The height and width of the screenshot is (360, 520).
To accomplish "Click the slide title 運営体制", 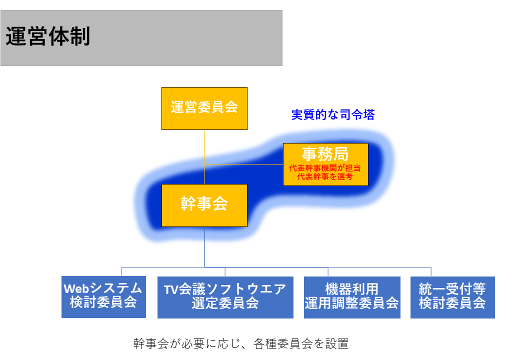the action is pos(48,36).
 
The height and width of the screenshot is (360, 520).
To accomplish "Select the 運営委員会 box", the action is pos(204,108).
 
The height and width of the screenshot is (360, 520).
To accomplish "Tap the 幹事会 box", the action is pos(204,205).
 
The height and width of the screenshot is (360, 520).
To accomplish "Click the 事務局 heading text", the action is pos(325,154).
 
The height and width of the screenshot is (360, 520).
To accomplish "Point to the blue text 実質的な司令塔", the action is pos(333,114).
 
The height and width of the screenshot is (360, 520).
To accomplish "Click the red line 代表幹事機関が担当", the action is pos(325,168).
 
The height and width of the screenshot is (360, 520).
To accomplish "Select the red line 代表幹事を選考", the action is pos(325,176).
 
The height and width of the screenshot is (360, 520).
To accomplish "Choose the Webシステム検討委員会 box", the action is pos(103,297).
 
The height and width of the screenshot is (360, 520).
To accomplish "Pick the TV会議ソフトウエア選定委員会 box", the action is pos(225,297).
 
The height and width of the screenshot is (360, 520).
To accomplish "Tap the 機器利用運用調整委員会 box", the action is pos(352,297).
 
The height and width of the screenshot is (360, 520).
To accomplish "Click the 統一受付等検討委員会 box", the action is pos(452,297).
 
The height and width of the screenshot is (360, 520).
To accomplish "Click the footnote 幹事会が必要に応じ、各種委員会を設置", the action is pos(241,344).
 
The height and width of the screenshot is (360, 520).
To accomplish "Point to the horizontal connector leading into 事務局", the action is pos(244,164).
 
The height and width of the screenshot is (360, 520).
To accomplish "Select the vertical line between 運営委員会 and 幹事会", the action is pos(204,157).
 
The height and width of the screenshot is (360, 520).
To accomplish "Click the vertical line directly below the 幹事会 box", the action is pos(204,247).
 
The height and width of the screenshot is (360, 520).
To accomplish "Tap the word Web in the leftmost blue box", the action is pos(76,288).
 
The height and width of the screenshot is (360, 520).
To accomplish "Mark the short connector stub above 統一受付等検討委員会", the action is pos(431,272).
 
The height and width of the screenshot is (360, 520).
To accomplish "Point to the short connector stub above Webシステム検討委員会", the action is pos(121,271).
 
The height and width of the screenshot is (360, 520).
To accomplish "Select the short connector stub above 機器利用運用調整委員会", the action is pos(328,272).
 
